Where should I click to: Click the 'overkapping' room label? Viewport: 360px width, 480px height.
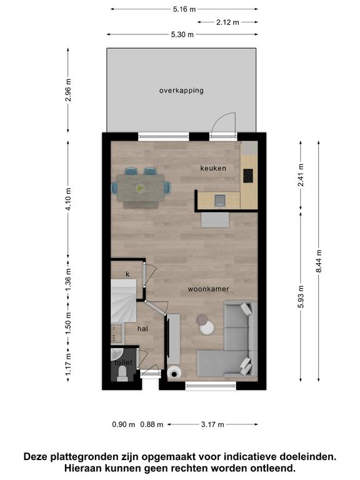tap(181, 91)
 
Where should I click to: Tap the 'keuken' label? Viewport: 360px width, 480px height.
tap(213, 168)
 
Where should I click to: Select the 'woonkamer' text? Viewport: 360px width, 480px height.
tap(208, 289)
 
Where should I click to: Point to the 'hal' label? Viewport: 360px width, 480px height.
tap(142, 329)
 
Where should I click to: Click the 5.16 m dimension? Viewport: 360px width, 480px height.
tap(184, 9)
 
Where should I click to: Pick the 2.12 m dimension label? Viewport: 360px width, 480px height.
tap(227, 22)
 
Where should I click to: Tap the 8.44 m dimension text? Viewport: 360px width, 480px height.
tap(319, 261)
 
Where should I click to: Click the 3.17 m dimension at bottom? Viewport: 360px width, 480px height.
tap(212, 424)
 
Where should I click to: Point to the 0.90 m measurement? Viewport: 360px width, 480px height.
tap(124, 424)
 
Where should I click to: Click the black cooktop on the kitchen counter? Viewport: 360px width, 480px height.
tap(248, 176)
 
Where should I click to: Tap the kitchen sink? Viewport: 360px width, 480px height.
tap(220, 201)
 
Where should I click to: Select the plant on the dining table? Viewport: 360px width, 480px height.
tap(140, 188)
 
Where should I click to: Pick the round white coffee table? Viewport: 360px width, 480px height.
tap(207, 327)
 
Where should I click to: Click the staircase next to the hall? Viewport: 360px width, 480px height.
tap(123, 300)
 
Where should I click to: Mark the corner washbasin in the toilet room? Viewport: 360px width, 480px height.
tap(116, 354)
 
